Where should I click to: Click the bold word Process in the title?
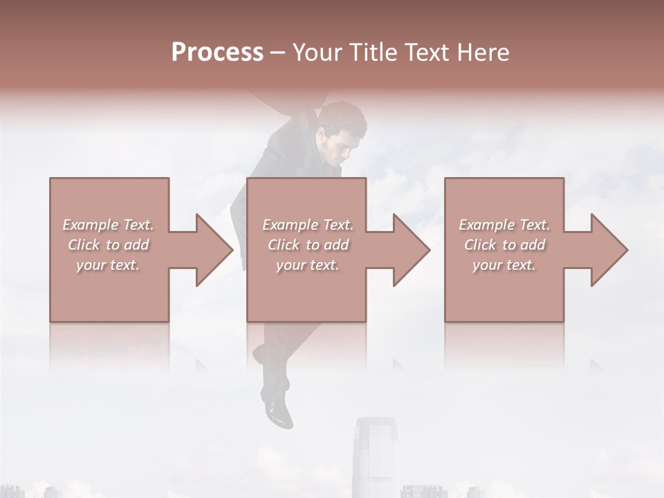pyautogui.click(x=217, y=53)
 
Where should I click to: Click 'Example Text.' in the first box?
pyautogui.click(x=108, y=225)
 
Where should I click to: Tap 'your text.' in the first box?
pyautogui.click(x=108, y=265)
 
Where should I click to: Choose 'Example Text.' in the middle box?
pyautogui.click(x=308, y=225)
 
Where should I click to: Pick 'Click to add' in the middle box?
pyautogui.click(x=308, y=245)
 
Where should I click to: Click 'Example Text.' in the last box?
pyautogui.click(x=504, y=225)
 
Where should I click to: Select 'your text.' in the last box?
pyautogui.click(x=504, y=265)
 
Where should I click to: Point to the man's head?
pyautogui.click(x=342, y=131)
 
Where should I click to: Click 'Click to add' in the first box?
pyautogui.click(x=108, y=245)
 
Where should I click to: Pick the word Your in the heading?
pyautogui.click(x=318, y=53)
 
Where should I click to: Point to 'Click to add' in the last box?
pyautogui.click(x=504, y=245)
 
